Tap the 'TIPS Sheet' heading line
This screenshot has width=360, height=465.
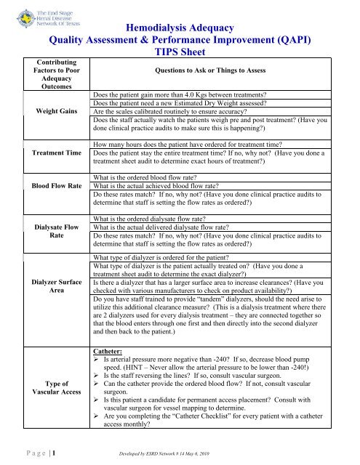pos(180,52)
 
